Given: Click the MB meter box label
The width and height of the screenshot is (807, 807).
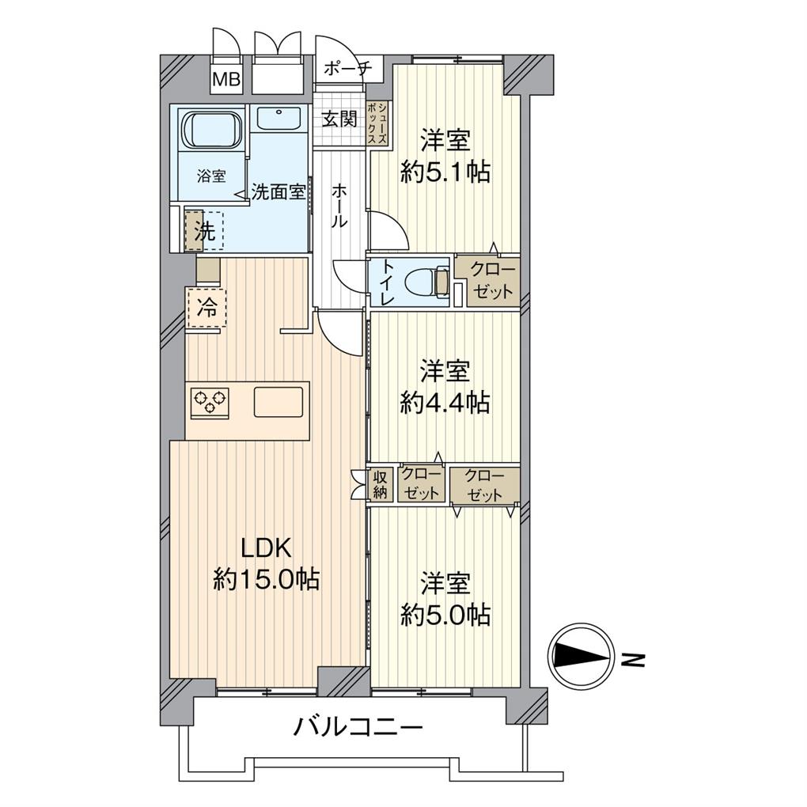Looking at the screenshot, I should point(227,79).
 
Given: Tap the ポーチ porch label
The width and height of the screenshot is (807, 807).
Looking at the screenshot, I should point(347,69).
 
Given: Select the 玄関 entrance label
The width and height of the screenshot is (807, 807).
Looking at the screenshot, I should point(339,119).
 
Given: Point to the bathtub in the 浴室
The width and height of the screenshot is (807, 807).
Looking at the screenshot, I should point(210,129).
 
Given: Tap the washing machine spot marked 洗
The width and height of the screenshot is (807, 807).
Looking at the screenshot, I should point(204,231).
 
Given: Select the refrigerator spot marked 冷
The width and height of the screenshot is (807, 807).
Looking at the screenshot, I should point(206,308).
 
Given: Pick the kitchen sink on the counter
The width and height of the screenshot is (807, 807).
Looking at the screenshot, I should point(278,402).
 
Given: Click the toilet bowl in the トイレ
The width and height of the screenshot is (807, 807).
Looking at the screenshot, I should point(426,281).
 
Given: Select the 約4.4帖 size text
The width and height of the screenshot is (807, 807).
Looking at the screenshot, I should point(445,403).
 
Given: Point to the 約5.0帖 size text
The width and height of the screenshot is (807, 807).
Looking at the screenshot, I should point(445,614).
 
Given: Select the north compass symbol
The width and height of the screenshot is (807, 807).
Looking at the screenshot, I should point(581,657).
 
